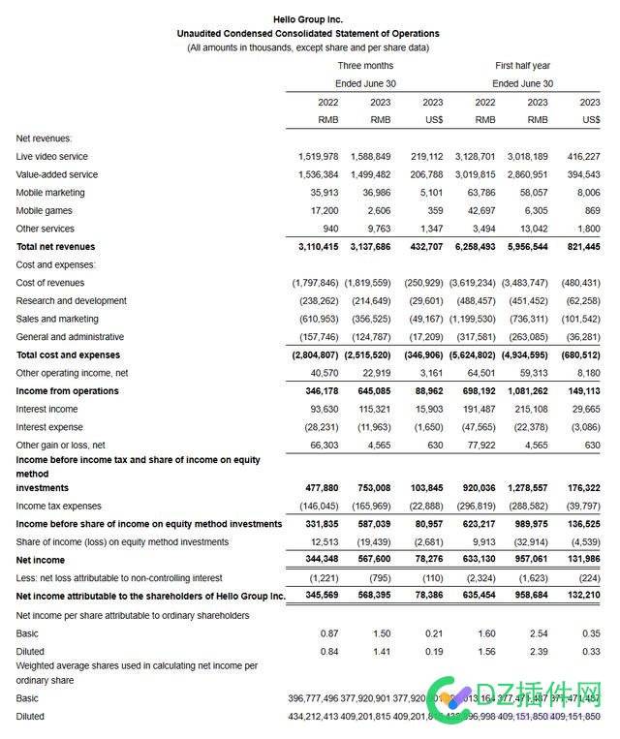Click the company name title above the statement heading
pos(307,19)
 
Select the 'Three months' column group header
pos(365,66)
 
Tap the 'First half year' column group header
pos(522,66)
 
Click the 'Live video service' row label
pos(51,157)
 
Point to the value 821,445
pos(579,247)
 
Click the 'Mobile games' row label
pos(44,210)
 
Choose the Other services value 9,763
pos(375,229)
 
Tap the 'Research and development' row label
pos(72,301)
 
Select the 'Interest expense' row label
pos(49,427)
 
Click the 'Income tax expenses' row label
pos(58,506)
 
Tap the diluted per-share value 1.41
pos(380,652)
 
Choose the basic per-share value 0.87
pos(328,633)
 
